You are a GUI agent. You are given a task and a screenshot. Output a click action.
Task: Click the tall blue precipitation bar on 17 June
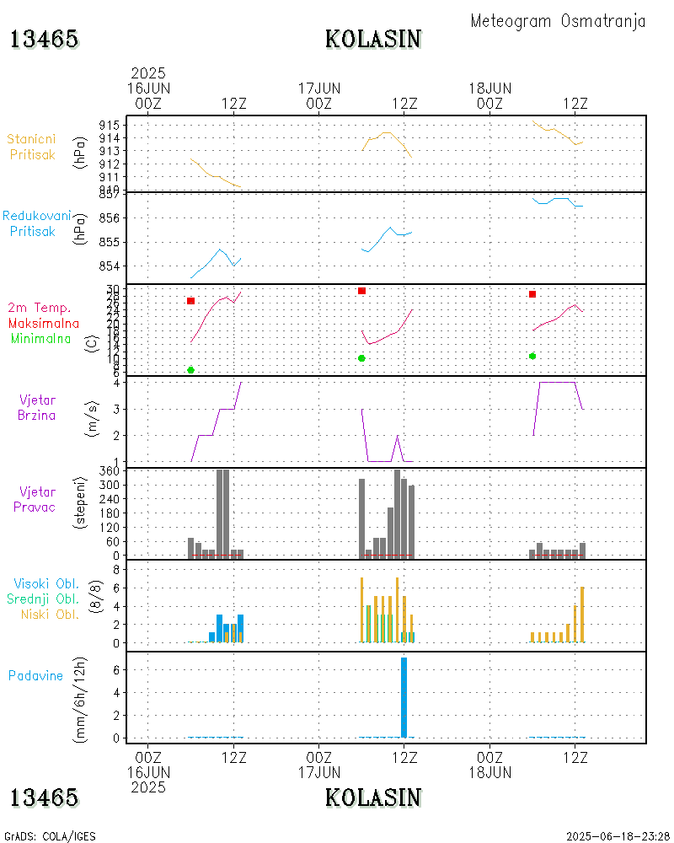pyautogui.click(x=404, y=697)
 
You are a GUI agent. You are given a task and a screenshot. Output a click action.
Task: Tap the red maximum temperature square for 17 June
pyautogui.click(x=361, y=291)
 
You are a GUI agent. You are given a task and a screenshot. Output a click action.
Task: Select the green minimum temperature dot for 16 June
pyautogui.click(x=191, y=370)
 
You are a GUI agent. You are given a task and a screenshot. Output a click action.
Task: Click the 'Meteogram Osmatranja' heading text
pyautogui.click(x=558, y=21)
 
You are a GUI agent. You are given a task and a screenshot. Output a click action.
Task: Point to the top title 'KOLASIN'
pyautogui.click(x=373, y=39)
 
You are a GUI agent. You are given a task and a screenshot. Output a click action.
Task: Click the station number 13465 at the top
pyautogui.click(x=45, y=39)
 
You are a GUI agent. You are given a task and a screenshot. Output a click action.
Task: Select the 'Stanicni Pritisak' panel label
pyautogui.click(x=33, y=147)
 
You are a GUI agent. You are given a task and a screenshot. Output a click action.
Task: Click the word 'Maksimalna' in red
pyautogui.click(x=44, y=323)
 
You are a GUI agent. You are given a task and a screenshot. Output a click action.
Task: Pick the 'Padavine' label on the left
pyautogui.click(x=35, y=675)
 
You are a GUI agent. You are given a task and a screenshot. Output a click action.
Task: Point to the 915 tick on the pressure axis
pyautogui.click(x=109, y=125)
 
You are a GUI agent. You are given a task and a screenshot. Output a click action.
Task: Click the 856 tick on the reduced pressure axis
pyautogui.click(x=109, y=218)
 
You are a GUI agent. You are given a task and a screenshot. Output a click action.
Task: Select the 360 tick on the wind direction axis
pyautogui.click(x=109, y=471)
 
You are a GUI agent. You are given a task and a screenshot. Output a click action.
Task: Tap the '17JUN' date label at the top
pyautogui.click(x=319, y=88)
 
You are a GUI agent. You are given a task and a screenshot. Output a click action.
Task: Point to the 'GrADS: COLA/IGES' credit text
pyautogui.click(x=51, y=836)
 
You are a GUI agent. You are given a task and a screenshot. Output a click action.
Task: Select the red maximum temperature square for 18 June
pyautogui.click(x=532, y=294)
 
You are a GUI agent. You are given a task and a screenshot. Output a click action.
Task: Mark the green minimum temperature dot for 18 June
pyautogui.click(x=532, y=356)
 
